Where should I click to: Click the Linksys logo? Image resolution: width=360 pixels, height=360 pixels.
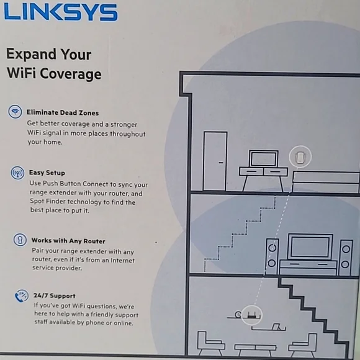[61, 12]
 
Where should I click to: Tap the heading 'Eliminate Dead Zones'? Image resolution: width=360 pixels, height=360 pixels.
[63, 112]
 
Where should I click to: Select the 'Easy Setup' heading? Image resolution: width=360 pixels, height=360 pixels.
[47, 173]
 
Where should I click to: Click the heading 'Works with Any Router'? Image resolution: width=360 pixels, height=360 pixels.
[68, 241]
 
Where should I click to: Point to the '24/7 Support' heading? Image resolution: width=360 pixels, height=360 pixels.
[55, 295]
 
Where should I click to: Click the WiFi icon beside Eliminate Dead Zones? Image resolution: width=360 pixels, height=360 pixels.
[15, 112]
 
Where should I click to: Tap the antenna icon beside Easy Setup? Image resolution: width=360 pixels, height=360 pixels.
[17, 173]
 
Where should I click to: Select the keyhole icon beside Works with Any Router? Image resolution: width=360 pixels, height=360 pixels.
[20, 240]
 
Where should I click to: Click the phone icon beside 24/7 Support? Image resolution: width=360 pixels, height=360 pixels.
[22, 295]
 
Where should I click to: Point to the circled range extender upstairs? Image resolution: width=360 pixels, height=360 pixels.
[300, 157]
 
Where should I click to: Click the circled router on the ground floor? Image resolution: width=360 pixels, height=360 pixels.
[251, 315]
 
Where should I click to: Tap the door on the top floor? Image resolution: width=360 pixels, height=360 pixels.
[215, 161]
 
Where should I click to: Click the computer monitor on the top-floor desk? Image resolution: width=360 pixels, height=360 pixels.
[264, 158]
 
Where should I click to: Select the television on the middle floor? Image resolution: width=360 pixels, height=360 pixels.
[310, 247]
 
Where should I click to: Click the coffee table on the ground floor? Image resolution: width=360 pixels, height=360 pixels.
[255, 349]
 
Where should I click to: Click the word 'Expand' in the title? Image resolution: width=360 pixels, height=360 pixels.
[31, 55]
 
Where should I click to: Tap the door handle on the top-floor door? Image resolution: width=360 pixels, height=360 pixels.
[221, 163]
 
